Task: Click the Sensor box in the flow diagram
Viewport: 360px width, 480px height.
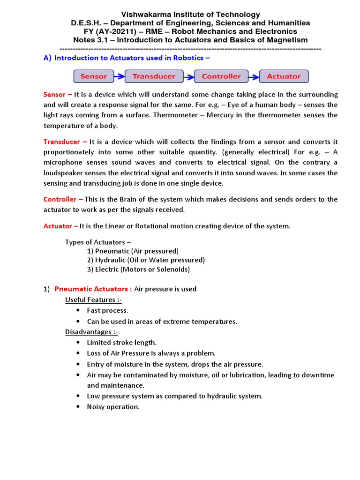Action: [94, 76]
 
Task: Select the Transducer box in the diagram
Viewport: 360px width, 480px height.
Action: [154, 76]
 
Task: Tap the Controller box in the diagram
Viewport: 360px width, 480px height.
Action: [221, 76]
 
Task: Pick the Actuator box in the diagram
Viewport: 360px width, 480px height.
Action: [284, 76]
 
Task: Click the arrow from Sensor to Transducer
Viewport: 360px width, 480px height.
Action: [120, 76]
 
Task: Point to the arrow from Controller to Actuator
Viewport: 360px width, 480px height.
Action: [254, 76]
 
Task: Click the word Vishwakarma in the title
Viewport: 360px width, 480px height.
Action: [143, 15]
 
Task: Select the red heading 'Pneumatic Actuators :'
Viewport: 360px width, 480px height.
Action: [90, 289]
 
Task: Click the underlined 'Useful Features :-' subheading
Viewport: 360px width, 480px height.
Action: [93, 300]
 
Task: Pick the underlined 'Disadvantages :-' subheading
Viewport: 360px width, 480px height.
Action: [91, 332]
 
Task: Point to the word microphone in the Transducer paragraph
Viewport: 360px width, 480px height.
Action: [64, 163]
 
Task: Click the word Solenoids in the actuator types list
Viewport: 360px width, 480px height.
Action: [172, 269]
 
